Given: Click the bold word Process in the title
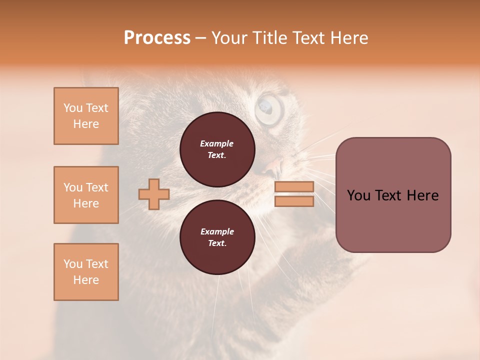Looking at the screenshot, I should [157, 37].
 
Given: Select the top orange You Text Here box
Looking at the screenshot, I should [86, 116].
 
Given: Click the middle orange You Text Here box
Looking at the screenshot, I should [86, 195].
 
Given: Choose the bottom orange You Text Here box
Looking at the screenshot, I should [86, 271].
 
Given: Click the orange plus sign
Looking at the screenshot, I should [154, 194].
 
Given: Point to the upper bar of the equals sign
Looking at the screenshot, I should [294, 186].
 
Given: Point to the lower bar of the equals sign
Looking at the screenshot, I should [294, 201].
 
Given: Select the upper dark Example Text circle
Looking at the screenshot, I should [217, 149].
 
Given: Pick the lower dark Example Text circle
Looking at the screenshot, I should [217, 237].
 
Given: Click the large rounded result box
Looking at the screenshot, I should [393, 194].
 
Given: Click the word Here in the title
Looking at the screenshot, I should [348, 37].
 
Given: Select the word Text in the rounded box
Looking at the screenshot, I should [388, 195].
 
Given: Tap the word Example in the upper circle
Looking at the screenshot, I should [216, 143].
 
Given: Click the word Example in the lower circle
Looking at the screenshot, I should [217, 231].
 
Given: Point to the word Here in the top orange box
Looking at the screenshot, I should [86, 124].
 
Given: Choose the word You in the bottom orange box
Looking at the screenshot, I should [72, 264].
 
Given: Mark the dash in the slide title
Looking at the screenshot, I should [200, 38].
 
